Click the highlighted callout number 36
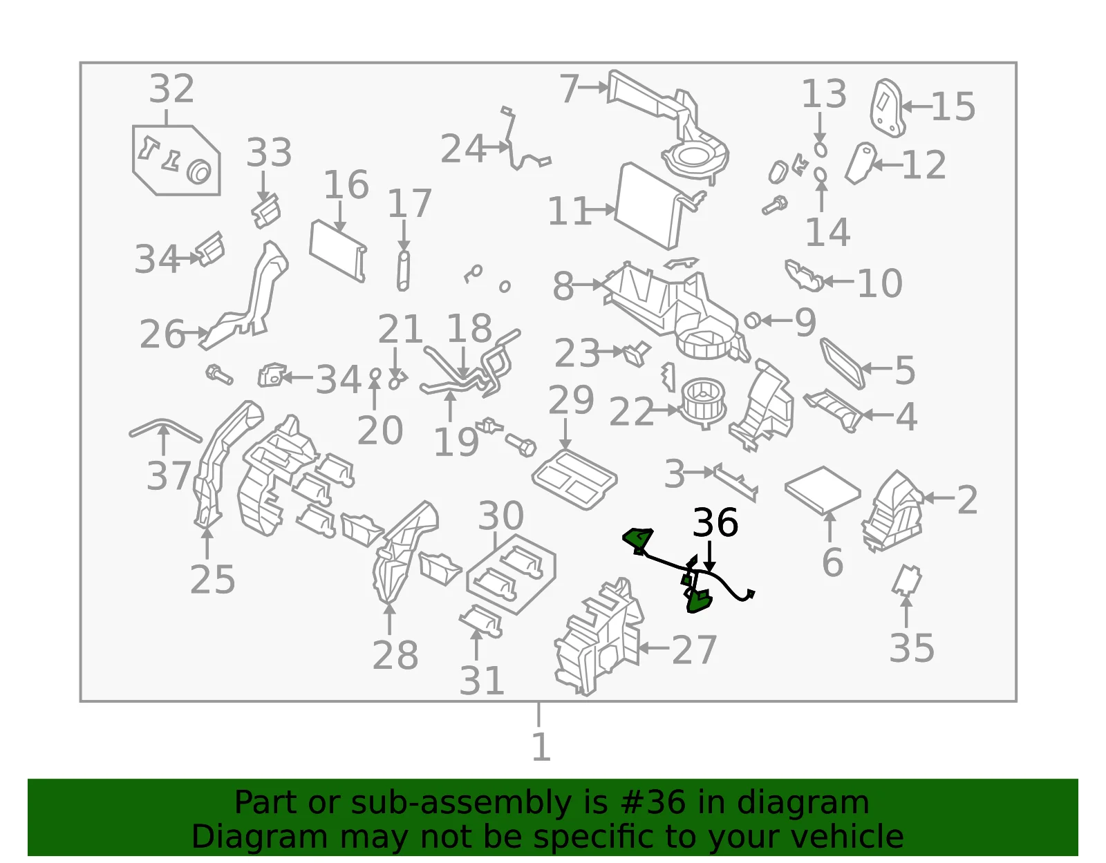coord(715,522)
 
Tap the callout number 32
coord(171,88)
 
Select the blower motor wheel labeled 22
coord(704,402)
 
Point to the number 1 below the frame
coord(541,747)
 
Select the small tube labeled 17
coord(403,271)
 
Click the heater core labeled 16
coord(338,251)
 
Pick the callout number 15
coord(953,107)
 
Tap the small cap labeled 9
coord(752,321)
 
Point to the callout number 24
coord(462,149)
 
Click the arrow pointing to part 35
coord(906,611)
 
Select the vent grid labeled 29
coord(574,479)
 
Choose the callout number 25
coord(212,579)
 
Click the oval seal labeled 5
coord(843,363)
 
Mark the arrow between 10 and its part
coord(838,281)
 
